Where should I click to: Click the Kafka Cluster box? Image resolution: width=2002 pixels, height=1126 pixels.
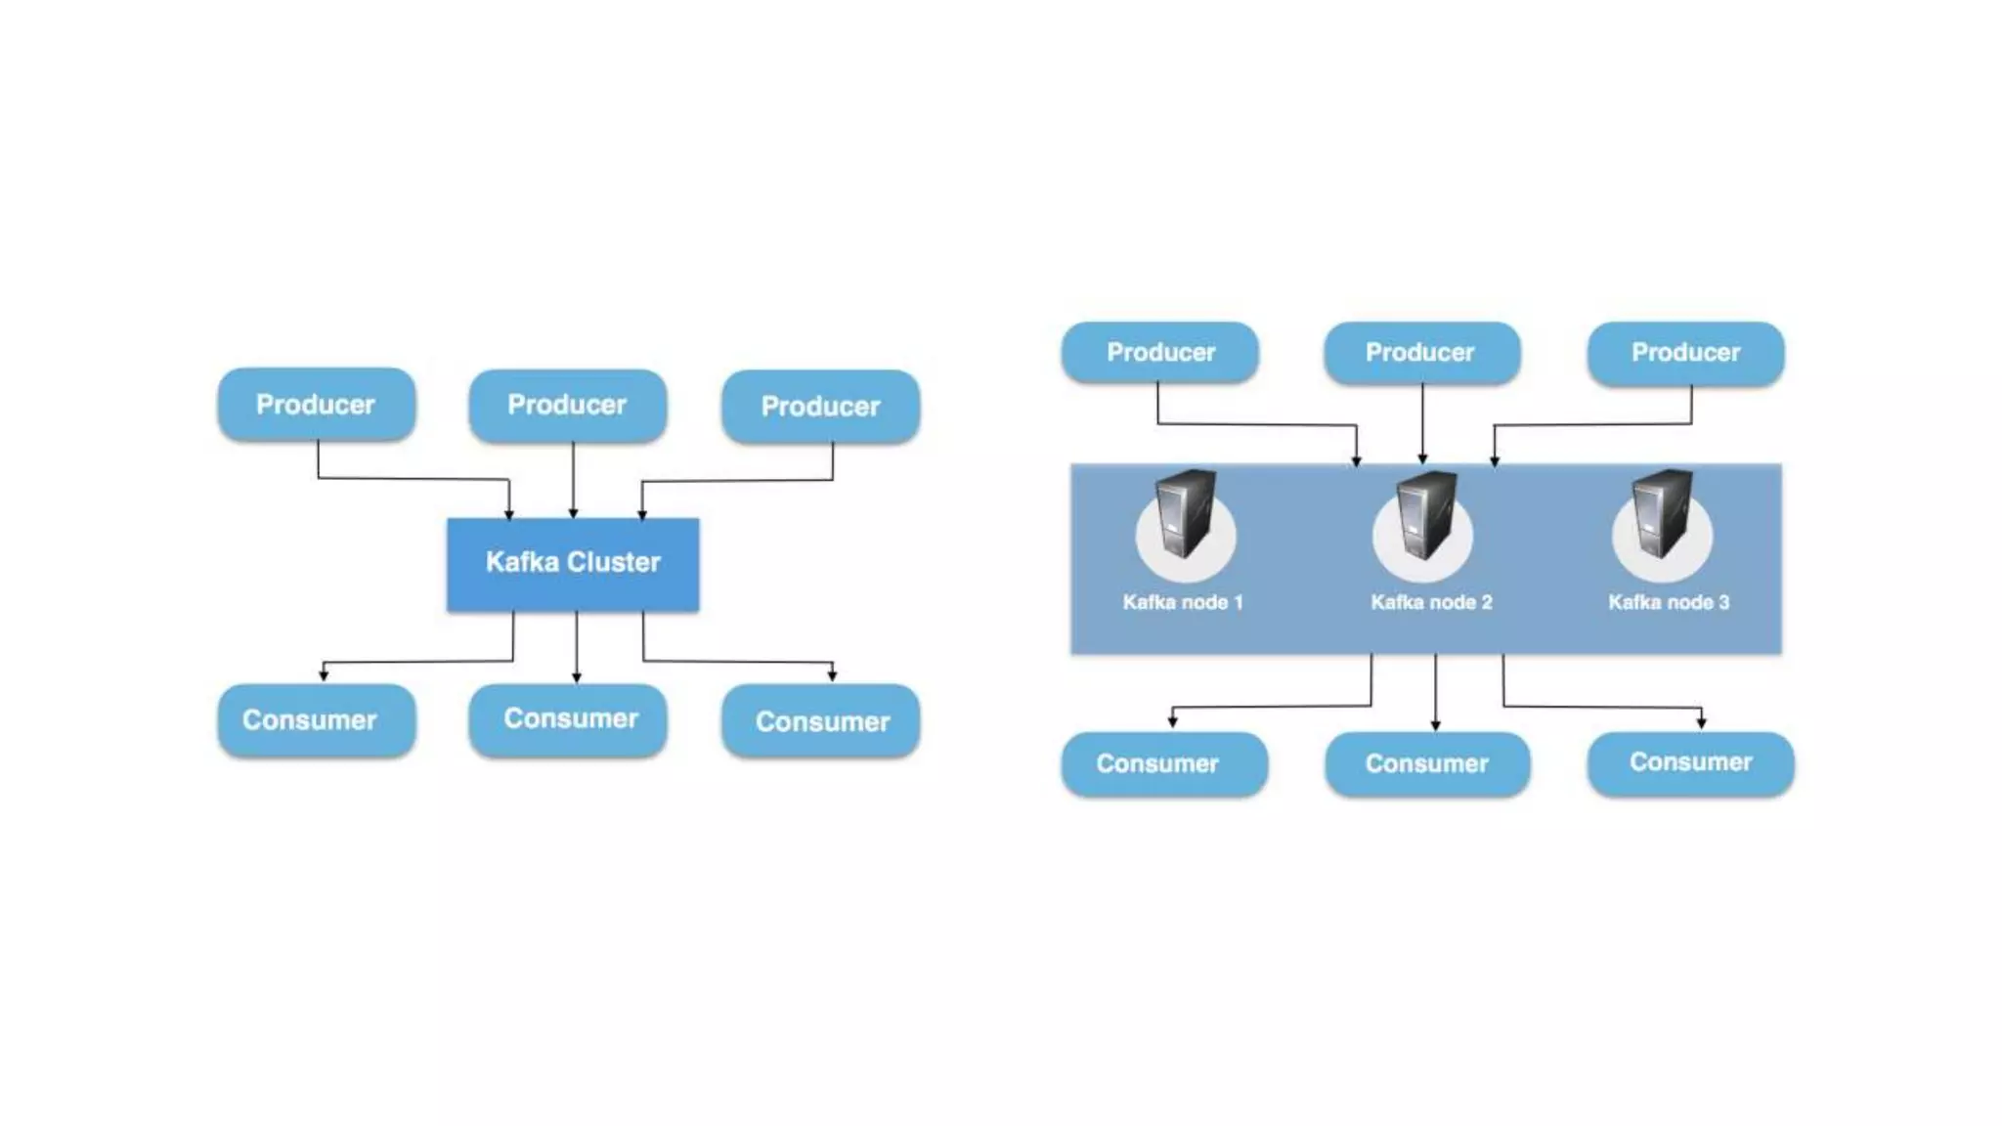click(573, 564)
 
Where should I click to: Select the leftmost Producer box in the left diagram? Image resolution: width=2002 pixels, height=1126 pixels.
click(316, 404)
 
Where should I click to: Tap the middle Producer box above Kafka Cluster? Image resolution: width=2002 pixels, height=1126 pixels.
click(567, 405)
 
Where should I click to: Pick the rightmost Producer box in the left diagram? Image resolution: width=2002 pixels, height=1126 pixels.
click(820, 407)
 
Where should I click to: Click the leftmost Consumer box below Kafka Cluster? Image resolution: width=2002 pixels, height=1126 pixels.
click(316, 720)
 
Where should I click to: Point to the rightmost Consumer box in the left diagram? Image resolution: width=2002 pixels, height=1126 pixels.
click(820, 721)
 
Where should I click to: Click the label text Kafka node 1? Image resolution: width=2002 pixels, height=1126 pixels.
click(1182, 602)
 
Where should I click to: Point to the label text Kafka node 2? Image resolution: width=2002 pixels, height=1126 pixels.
click(1431, 602)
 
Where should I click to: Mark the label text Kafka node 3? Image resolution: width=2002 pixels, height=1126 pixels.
click(1669, 602)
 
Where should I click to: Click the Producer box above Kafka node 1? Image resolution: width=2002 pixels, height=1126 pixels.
click(1160, 352)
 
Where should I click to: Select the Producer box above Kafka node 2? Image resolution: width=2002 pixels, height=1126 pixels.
click(1421, 352)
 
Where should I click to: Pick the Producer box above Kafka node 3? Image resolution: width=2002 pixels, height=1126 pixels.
click(1685, 352)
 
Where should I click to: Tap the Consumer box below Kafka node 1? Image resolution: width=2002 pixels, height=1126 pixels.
click(1163, 763)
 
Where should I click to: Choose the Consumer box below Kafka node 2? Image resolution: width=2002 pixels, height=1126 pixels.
click(1427, 763)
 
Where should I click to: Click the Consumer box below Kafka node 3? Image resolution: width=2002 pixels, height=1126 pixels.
click(1690, 762)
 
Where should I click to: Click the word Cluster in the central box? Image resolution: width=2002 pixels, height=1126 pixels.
click(614, 562)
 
